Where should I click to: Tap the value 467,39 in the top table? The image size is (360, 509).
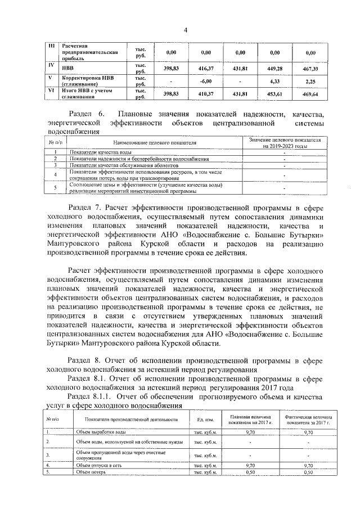click(310, 68)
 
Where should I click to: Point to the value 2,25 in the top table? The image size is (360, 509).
click(310, 80)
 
